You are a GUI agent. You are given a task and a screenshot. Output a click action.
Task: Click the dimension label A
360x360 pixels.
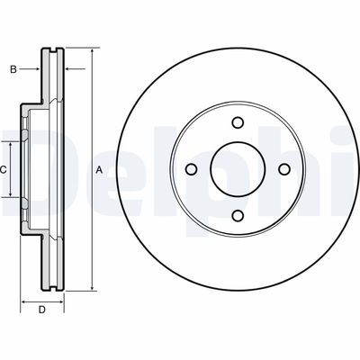pos(99,170)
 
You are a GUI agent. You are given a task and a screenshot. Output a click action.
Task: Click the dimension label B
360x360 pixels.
pos(13,69)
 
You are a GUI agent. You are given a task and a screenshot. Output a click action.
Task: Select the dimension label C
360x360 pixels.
pos(3,170)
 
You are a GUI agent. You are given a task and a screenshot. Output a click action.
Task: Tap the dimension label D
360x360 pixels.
pos(42,310)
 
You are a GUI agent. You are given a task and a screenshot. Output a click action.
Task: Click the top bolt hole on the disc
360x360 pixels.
pos(238,122)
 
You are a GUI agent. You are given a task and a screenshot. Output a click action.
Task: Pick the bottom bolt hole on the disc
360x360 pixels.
pos(238,215)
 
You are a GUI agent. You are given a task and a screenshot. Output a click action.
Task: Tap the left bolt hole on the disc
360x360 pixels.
pos(192,169)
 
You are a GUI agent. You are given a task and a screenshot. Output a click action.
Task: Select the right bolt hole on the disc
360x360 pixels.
pos(284,169)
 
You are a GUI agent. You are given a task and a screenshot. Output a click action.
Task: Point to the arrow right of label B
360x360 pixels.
pos(30,69)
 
